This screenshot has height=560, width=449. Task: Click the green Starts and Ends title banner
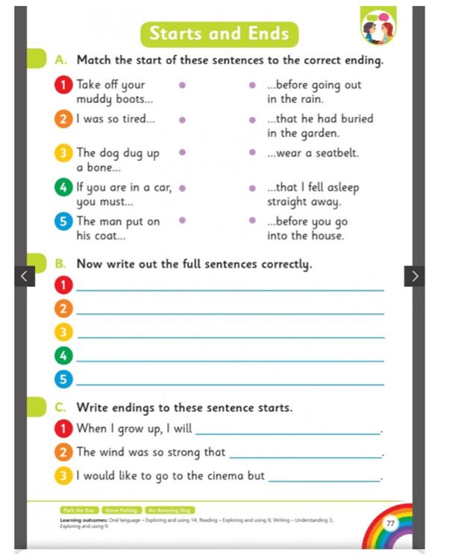(x=219, y=34)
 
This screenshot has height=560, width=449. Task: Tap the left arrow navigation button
(x=24, y=276)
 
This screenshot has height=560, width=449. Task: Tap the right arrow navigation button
(x=415, y=276)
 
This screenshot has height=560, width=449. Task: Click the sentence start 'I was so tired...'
(x=116, y=119)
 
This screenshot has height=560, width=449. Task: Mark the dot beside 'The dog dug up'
(x=181, y=153)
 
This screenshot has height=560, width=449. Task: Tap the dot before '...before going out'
(x=253, y=86)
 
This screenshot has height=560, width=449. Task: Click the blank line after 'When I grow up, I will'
(x=286, y=432)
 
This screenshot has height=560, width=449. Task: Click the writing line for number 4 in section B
(x=230, y=361)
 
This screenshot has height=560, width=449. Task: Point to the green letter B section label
(x=60, y=264)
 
